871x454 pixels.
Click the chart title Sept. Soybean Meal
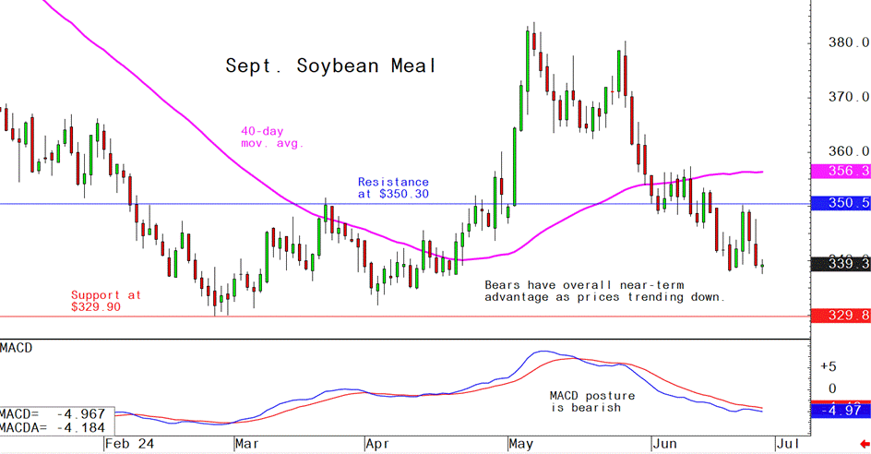pos(329,66)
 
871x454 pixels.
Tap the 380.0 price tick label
pos(849,42)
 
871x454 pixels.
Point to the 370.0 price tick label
pos(849,97)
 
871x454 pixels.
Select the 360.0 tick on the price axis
pos(849,151)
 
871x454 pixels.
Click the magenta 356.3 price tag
pos(841,172)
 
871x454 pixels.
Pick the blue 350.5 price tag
pos(841,204)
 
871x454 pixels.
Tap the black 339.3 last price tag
pos(841,265)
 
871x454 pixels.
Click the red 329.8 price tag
pos(841,316)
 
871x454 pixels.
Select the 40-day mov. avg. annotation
pos(272,137)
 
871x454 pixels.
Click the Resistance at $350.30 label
pos(393,188)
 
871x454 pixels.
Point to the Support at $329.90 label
pos(106,301)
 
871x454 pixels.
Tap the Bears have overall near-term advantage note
pos(604,292)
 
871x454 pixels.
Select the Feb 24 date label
pos(130,444)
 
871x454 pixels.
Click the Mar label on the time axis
pos(247,444)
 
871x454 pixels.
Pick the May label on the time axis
pos(522,444)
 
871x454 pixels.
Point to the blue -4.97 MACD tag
pos(841,409)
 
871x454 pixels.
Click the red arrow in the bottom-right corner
pos(862,444)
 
